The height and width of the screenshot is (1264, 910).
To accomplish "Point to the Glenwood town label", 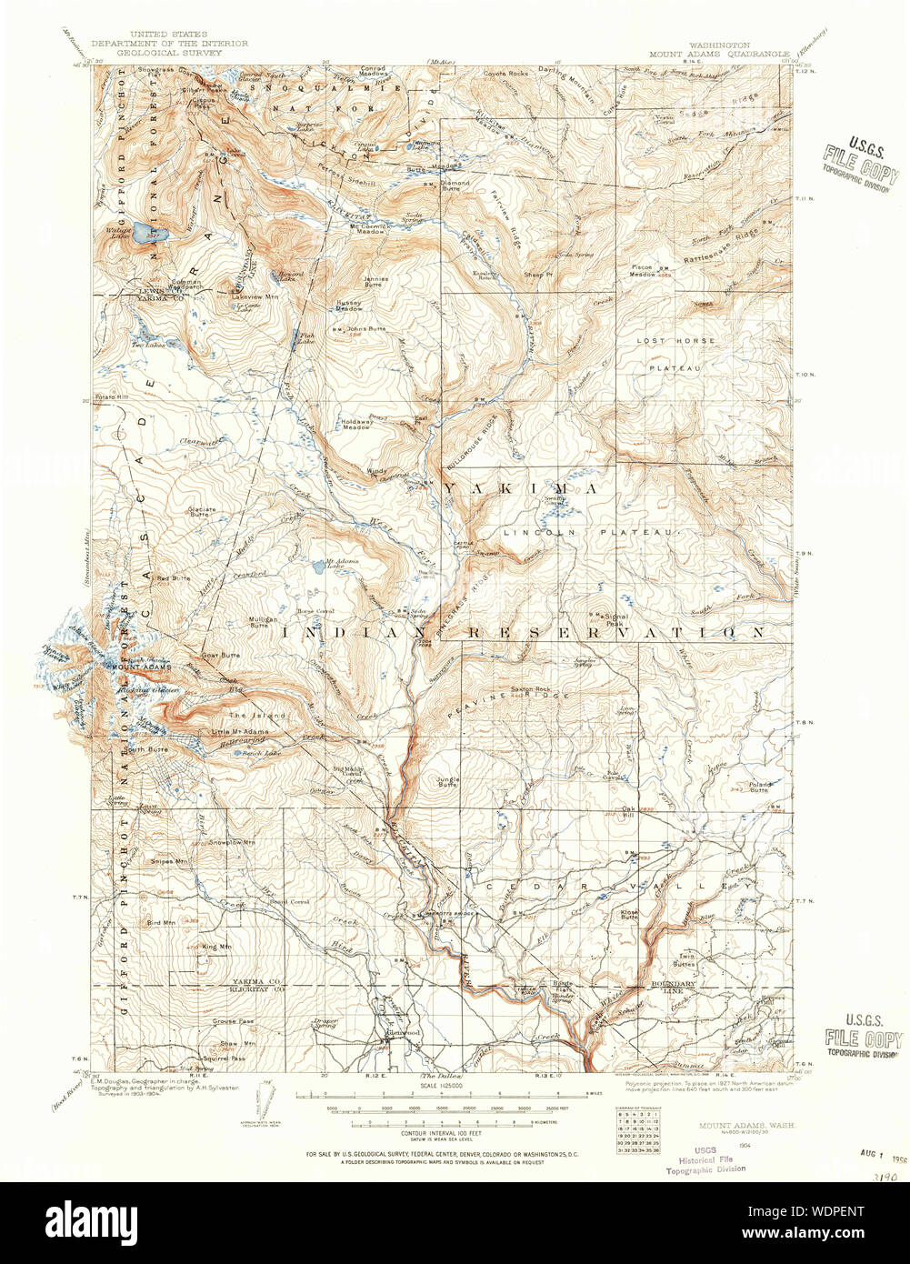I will pyautogui.click(x=402, y=1033).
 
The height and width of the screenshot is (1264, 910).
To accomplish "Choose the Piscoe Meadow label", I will pyautogui.click(x=644, y=270).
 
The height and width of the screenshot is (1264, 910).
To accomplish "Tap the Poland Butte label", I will pyautogui.click(x=758, y=787).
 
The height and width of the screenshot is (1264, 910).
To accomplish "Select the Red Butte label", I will pyautogui.click(x=174, y=577).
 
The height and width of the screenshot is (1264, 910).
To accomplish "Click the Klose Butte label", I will pyautogui.click(x=629, y=915).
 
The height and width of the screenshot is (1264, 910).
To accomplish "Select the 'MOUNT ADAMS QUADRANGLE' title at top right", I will pyautogui.click(x=718, y=54).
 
